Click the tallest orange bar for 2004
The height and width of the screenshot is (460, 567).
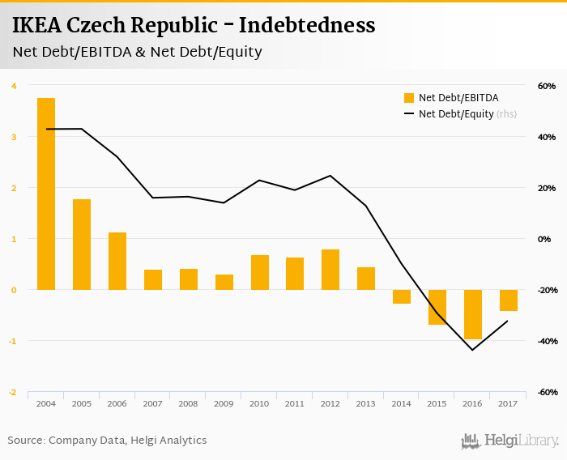coord(46,194)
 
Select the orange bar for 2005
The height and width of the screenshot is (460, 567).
coord(82,244)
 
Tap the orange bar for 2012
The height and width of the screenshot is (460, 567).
coord(330,269)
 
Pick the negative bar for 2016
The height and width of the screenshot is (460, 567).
coord(473,314)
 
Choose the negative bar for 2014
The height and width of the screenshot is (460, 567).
coord(402,296)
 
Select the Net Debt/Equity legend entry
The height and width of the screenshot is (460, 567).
coord(456,114)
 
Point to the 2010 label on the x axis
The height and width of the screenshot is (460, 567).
coord(259,403)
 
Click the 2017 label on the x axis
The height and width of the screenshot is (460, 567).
coord(508,403)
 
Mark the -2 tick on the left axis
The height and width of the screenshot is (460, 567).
coord(12,392)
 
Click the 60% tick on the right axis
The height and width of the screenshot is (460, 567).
coord(545,86)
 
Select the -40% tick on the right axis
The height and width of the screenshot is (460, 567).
coord(544,341)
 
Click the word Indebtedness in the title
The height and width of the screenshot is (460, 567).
coord(312,26)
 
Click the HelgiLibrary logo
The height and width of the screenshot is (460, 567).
coord(510,441)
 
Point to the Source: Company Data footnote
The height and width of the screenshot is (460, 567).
coord(107,441)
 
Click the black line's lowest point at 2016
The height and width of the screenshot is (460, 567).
coord(472,350)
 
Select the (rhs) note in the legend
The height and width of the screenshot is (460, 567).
coord(507,114)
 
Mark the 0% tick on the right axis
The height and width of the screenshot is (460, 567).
coord(548,239)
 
